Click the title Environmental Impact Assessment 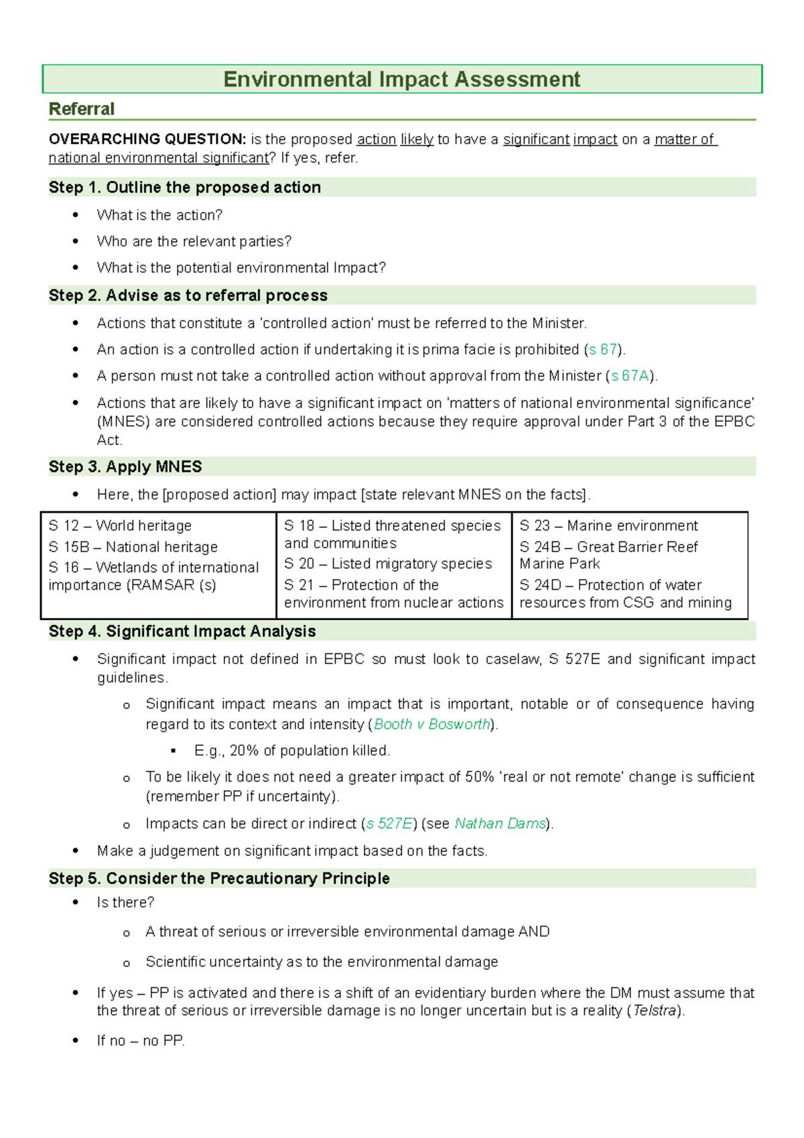(x=401, y=79)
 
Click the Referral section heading (x=82, y=109)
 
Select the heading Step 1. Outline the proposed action (x=184, y=187)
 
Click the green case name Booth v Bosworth (x=432, y=724)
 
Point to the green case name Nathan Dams (x=500, y=823)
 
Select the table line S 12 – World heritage (x=120, y=525)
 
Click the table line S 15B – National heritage (x=133, y=547)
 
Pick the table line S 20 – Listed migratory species (x=388, y=564)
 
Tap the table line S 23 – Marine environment (x=608, y=525)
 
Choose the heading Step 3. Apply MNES (x=125, y=466)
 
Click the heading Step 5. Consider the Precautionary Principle (x=219, y=878)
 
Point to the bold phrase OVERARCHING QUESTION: (x=147, y=139)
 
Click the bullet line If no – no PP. (x=141, y=1040)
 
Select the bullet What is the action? (x=159, y=215)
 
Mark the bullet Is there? (x=125, y=902)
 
